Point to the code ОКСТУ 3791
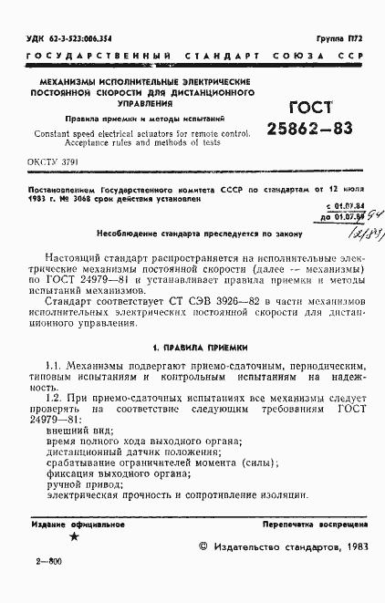(x=54, y=161)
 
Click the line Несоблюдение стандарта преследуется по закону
(x=194, y=234)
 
